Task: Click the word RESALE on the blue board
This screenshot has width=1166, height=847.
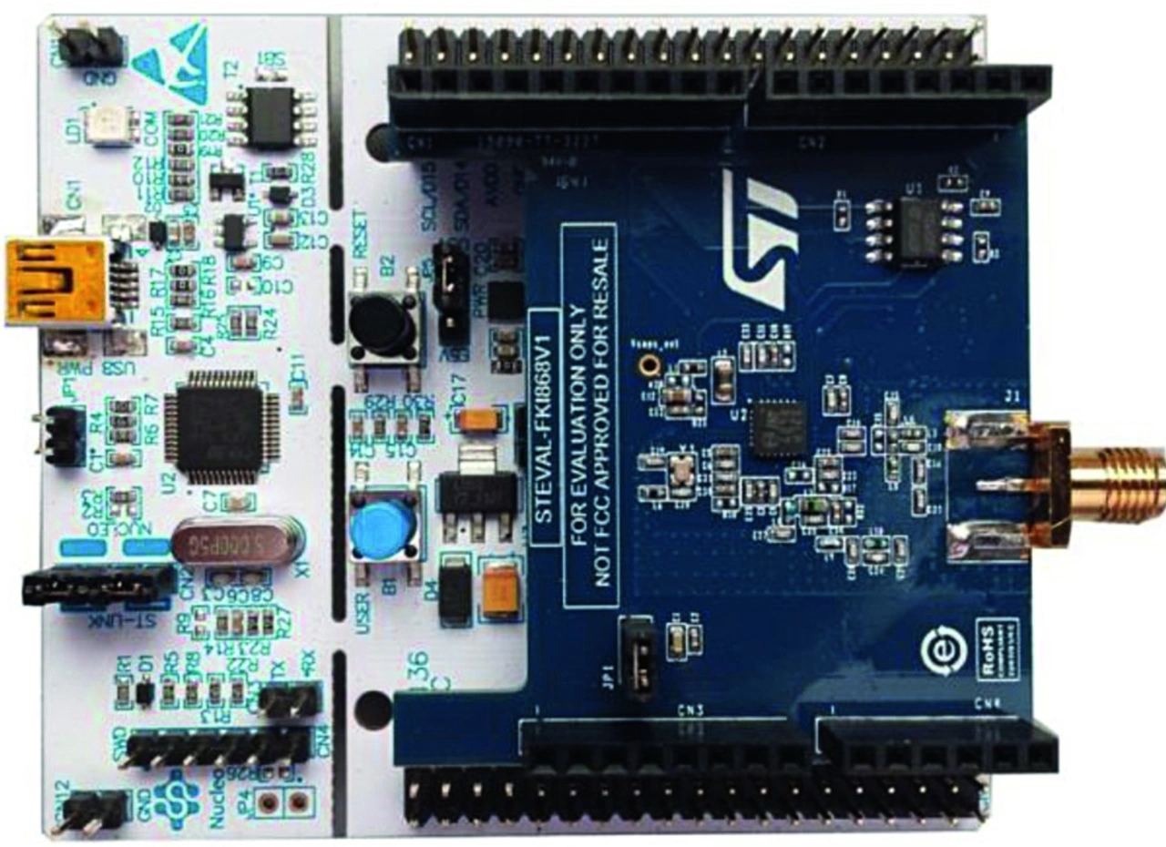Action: [x=602, y=273]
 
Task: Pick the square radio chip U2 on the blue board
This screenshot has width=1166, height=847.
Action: [x=779, y=428]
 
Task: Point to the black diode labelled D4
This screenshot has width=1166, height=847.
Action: [x=455, y=594]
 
